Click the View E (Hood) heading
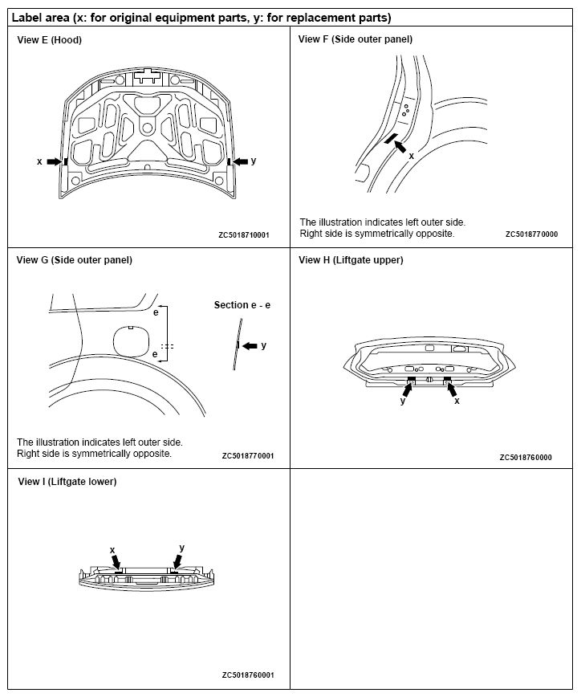click(50, 39)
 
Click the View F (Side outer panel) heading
click(356, 39)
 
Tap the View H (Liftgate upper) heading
click(351, 260)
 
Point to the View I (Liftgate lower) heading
click(67, 482)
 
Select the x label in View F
click(412, 155)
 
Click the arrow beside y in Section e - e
click(250, 345)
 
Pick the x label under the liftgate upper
click(457, 400)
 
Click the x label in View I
click(112, 550)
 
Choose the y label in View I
click(182, 548)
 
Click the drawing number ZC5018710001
click(244, 236)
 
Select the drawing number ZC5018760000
click(526, 458)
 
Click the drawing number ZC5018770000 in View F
click(531, 234)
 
